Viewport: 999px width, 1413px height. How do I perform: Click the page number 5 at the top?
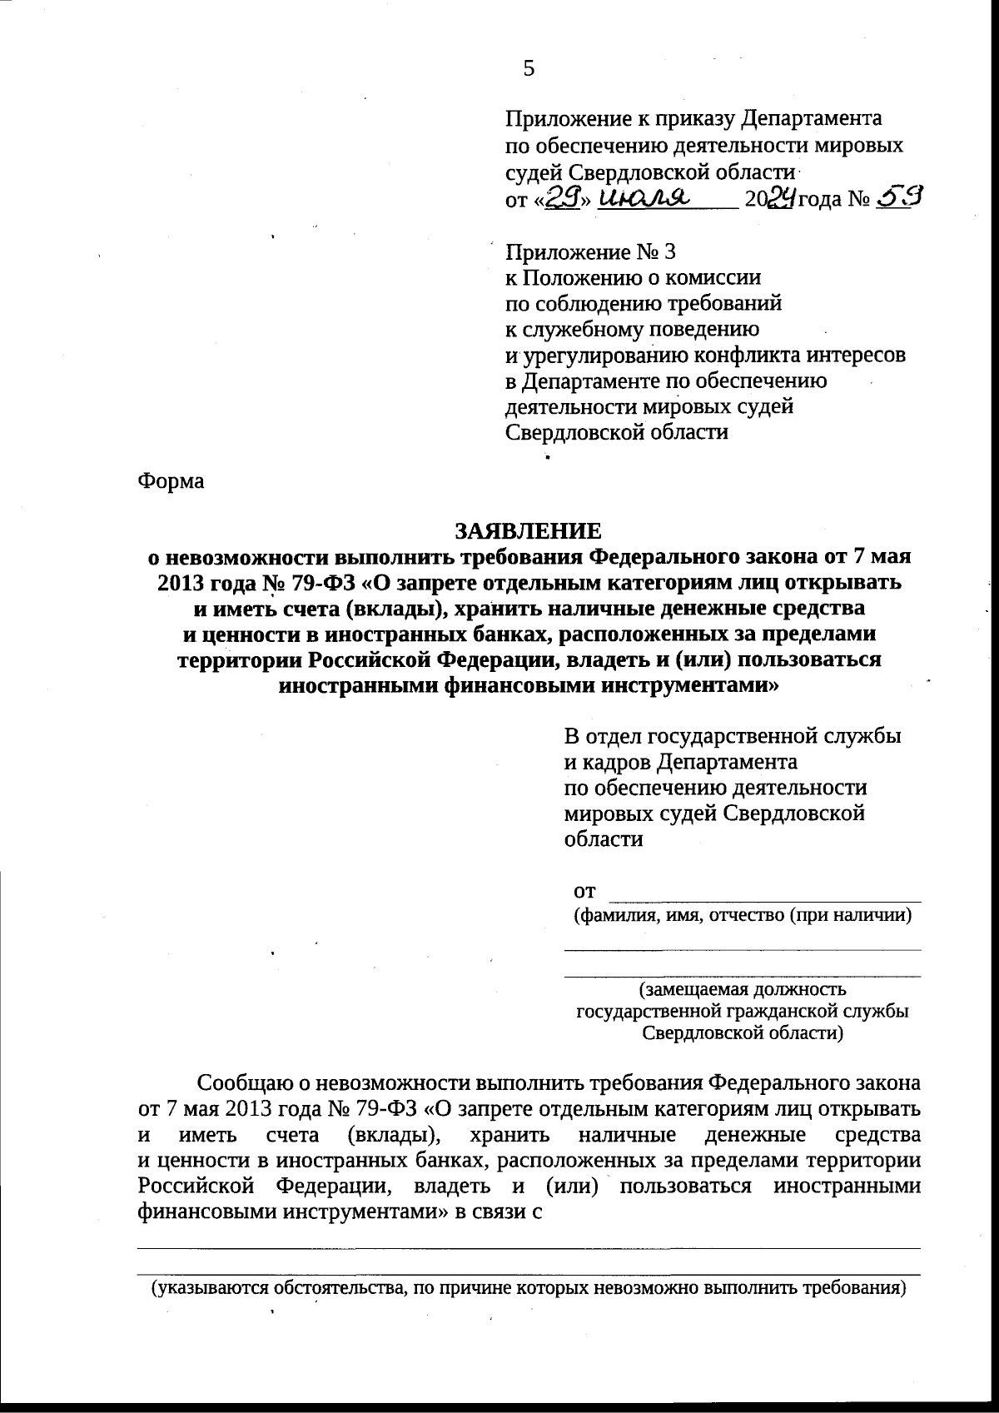(529, 68)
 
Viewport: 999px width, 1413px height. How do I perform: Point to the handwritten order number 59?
(899, 198)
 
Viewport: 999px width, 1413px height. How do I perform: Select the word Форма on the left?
(171, 481)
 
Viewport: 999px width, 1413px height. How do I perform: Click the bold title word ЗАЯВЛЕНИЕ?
(527, 530)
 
